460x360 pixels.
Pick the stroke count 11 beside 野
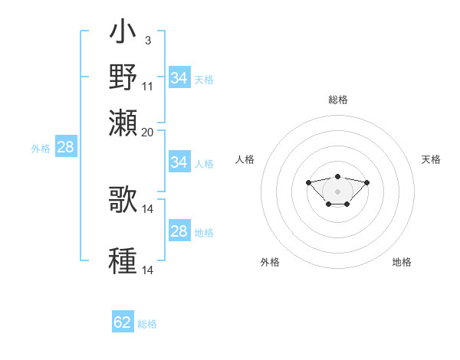point(148,86)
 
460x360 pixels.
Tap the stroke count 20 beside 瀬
point(148,132)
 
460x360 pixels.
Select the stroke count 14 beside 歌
point(148,208)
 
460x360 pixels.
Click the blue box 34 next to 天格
point(179,78)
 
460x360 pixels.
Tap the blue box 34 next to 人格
point(179,162)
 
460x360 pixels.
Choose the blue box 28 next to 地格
point(179,231)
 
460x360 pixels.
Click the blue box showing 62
point(123,322)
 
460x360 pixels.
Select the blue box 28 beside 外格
point(65,147)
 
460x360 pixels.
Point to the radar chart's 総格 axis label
point(338,100)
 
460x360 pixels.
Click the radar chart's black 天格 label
point(431,159)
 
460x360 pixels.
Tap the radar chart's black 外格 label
point(270,262)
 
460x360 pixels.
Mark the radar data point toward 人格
point(308,182)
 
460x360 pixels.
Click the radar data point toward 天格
point(366,182)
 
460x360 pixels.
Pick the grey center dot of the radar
point(337,191)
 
